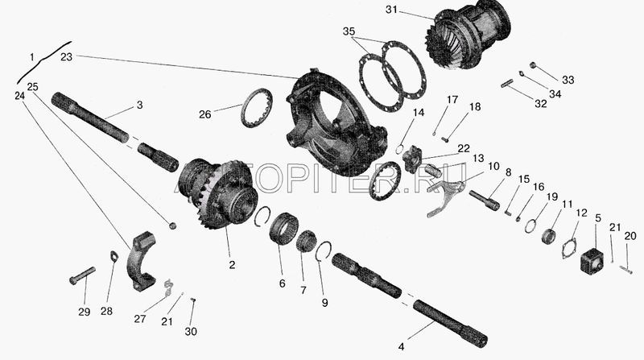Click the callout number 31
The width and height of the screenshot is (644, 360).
coord(391,9)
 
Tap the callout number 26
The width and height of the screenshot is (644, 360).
coord(205,114)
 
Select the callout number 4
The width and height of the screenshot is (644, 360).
coord(401,346)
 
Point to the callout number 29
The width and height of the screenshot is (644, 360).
coord(85,312)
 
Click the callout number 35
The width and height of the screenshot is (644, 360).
coord(349,31)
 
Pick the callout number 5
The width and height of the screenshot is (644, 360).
coord(598,217)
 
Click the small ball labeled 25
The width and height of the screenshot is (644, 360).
coord(173,226)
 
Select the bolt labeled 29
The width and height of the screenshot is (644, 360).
coord(82,275)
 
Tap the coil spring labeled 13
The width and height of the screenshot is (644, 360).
coord(432,170)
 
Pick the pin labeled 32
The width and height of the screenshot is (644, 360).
coord(509,83)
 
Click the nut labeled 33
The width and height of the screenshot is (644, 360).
coord(534,64)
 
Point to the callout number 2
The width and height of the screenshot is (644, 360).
coord(232,265)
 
